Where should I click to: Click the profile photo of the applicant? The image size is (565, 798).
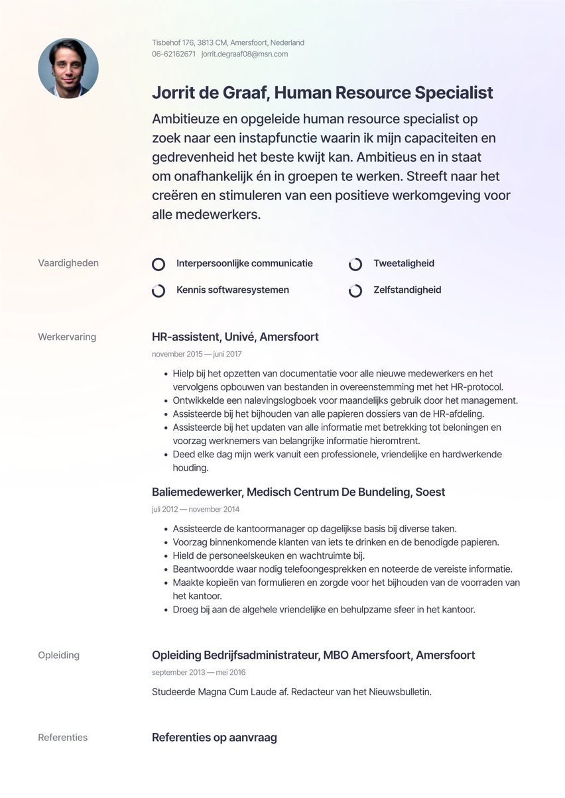pos(68,68)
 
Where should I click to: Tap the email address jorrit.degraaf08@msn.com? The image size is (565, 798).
pos(244,54)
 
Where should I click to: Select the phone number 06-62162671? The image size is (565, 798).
pos(174,54)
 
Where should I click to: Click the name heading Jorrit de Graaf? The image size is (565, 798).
pos(210,93)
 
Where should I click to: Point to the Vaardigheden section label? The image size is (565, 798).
pos(68,263)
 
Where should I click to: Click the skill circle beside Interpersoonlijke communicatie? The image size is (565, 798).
pos(158,264)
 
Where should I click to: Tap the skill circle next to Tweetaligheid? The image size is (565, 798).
pos(355,264)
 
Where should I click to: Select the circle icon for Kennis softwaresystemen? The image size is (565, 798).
pos(158,291)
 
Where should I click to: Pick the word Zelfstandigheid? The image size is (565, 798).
pos(407,290)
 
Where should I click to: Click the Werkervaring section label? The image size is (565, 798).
pos(67,337)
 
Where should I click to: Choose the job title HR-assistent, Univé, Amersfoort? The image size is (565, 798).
pos(235,337)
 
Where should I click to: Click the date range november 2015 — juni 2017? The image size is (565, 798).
pos(196,355)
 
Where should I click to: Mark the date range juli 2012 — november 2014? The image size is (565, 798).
pos(196,510)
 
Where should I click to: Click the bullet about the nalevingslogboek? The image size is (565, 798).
pos(345,400)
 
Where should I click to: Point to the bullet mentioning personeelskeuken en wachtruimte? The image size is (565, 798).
pos(268,555)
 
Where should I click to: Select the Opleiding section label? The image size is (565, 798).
pos(58,655)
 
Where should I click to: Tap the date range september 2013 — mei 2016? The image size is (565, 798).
pos(198,673)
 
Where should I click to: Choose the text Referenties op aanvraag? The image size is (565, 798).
pos(214,737)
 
